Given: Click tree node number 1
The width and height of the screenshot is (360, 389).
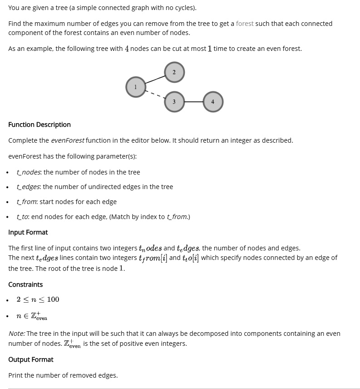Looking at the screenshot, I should (x=135, y=87).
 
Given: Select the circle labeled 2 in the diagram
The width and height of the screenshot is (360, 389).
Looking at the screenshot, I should (x=174, y=72).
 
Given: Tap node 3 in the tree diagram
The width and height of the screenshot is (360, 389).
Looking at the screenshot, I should (x=174, y=102).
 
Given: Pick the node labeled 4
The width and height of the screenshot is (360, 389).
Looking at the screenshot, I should (x=212, y=102).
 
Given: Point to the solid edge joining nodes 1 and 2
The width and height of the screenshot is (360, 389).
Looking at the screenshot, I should (x=155, y=80).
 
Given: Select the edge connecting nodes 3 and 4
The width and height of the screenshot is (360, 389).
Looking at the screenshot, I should (x=193, y=102).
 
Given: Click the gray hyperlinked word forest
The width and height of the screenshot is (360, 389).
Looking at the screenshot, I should (x=245, y=24).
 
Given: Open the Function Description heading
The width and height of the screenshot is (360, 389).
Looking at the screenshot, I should (x=39, y=125).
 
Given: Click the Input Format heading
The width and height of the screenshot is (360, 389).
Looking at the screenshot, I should (x=28, y=232).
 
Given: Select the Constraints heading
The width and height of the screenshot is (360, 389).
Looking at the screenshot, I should (x=25, y=284).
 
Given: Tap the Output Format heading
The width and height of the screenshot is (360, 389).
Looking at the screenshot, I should (x=30, y=359).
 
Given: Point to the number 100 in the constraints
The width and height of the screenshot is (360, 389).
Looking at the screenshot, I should (x=53, y=299).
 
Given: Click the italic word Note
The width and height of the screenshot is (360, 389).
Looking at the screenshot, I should (x=16, y=334).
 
